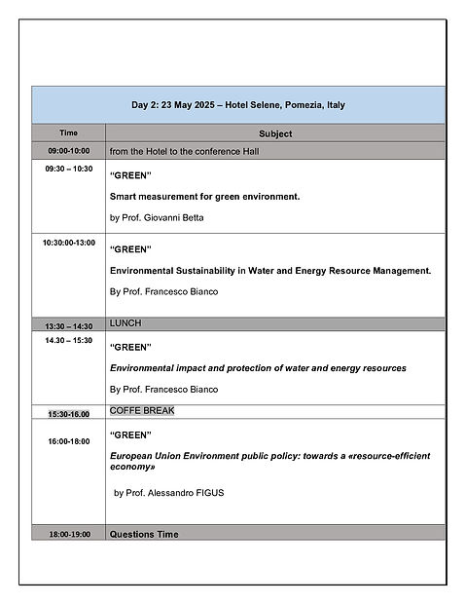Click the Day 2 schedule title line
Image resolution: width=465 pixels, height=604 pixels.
point(238,105)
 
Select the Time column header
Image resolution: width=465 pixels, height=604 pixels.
point(68,132)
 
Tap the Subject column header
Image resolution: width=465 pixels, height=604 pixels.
point(275,133)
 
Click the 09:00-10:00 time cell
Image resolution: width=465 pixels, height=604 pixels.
point(68,151)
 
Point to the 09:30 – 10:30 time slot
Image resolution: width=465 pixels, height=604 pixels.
point(68,169)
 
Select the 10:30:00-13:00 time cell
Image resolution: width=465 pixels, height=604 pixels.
point(68,243)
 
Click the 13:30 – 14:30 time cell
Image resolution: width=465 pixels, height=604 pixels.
point(68,325)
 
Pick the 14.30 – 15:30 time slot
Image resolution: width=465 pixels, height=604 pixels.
point(68,340)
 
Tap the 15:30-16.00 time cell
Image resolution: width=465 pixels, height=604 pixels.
point(68,413)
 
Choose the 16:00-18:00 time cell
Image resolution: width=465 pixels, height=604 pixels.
point(68,441)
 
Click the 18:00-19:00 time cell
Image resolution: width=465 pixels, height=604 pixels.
point(68,534)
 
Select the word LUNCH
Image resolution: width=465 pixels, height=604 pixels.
point(125,322)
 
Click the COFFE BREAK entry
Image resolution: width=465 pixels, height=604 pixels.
point(142,410)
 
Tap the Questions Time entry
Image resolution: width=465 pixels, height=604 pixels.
point(144,534)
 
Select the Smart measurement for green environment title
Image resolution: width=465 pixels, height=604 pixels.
point(204,197)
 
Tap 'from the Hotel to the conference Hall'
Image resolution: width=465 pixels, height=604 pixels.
point(184,151)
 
